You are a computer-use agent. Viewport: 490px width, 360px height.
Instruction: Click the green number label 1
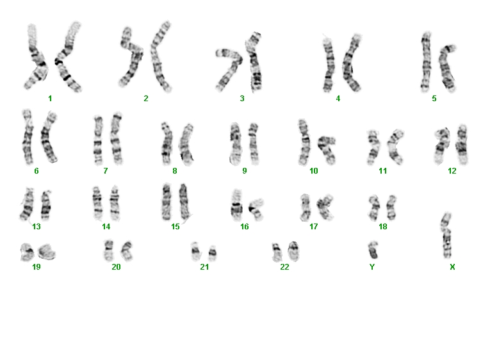coord(50,99)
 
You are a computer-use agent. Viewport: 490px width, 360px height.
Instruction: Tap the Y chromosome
coord(373,250)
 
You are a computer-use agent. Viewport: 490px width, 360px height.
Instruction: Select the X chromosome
coord(447,235)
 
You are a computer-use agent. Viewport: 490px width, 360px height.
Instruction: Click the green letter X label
coord(452,267)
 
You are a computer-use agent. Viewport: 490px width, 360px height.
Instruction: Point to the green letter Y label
coord(372,267)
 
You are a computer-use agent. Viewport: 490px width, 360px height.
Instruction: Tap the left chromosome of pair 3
coord(230,69)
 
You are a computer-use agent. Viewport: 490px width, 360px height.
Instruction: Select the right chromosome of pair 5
coord(447,69)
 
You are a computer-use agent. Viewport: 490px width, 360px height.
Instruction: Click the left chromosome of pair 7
coord(98,140)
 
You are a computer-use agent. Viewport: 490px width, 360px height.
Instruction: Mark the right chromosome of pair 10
coord(327,150)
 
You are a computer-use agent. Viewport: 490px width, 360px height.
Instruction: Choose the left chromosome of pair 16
coord(236,205)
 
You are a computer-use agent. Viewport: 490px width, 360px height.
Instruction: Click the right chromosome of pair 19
coord(47,252)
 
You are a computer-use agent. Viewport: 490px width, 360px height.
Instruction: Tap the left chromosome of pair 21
coord(195,251)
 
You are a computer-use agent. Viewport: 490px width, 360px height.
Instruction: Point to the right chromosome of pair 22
coord(293,251)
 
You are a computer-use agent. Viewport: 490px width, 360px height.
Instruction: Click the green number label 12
coord(452,171)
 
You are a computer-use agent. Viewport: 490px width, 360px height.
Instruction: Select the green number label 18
coord(383,227)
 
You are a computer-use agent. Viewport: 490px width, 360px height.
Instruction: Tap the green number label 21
coord(204,267)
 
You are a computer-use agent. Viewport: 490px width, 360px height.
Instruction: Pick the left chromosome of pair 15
coord(167,202)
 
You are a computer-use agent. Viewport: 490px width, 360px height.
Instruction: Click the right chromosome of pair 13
coord(46,205)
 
